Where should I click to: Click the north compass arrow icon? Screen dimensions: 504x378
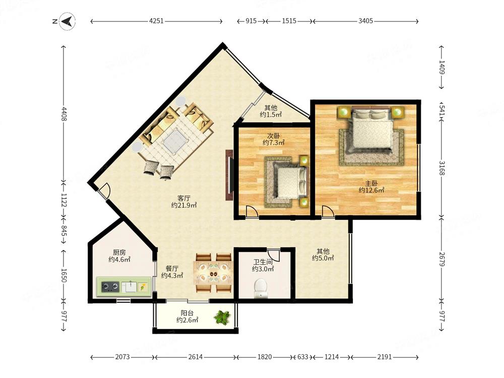[68, 22]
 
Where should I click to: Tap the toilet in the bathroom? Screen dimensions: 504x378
[261, 288]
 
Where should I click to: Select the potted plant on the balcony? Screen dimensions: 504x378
[222, 317]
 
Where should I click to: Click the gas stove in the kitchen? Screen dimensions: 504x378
[110, 286]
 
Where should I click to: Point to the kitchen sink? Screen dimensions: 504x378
[129, 286]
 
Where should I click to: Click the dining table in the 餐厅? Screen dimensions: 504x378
[213, 273]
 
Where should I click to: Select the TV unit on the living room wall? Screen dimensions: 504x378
[229, 175]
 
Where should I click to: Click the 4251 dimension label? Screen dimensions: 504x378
[157, 21]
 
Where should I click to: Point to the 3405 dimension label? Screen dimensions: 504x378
[366, 21]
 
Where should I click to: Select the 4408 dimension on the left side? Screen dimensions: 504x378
[64, 114]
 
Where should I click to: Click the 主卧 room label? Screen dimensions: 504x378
[371, 183]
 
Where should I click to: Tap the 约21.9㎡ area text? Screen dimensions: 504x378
[184, 205]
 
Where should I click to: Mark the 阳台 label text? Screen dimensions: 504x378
[187, 313]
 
